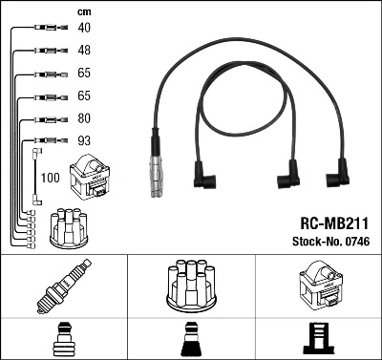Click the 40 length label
pos(84,28)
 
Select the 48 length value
pos(84,50)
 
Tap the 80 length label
pos(84,119)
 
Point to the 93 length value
pos(84,141)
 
